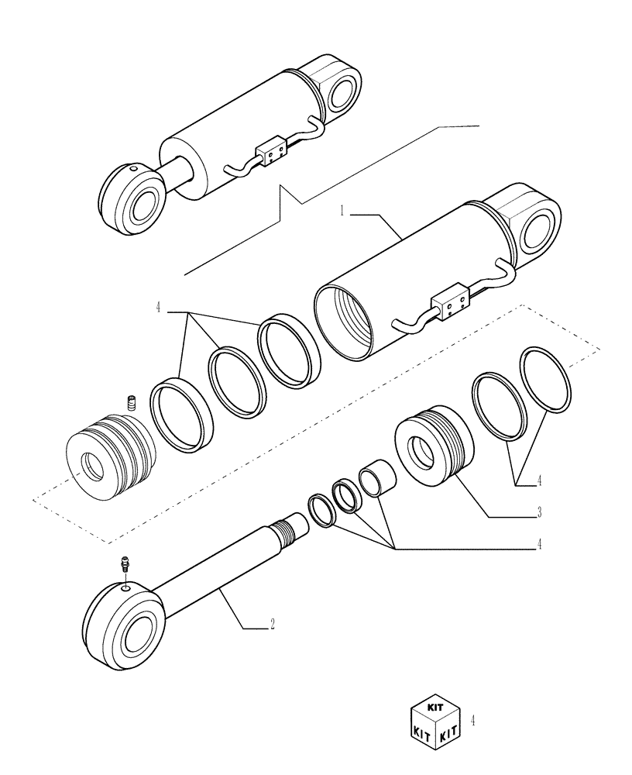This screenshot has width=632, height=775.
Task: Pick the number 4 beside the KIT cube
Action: click(x=472, y=720)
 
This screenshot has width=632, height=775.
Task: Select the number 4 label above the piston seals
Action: click(x=158, y=308)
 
